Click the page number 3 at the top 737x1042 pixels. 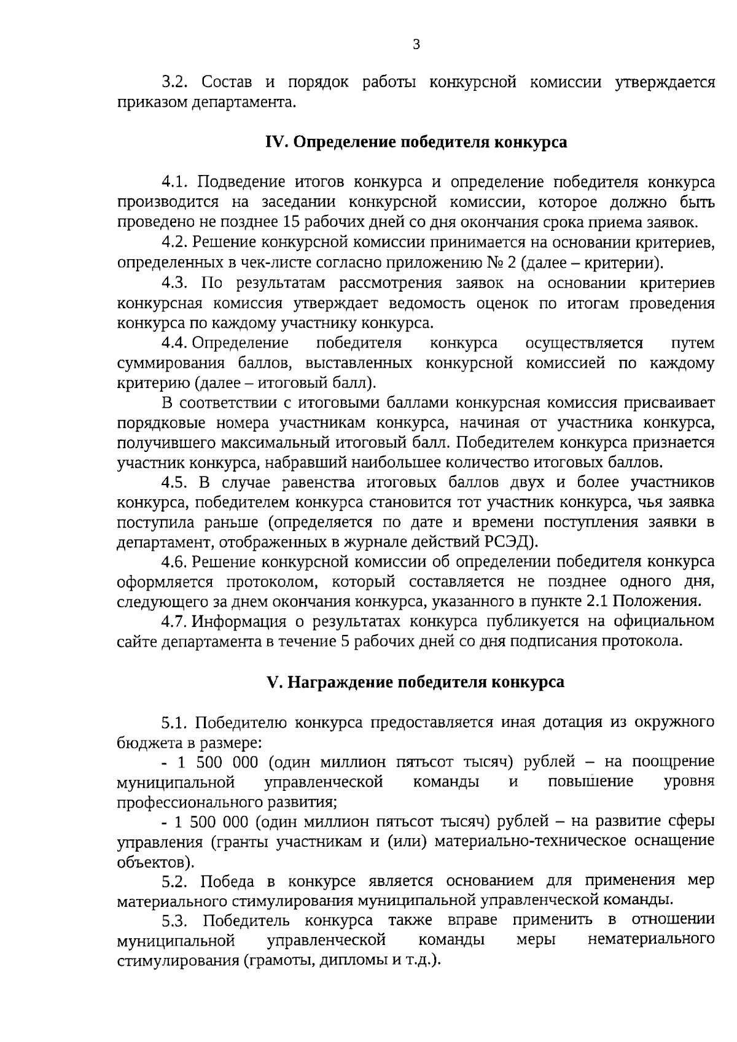pos(416,44)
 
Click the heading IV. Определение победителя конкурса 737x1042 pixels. pos(416,142)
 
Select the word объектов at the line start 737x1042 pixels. pos(154,861)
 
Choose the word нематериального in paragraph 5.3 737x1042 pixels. pos(651,940)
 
